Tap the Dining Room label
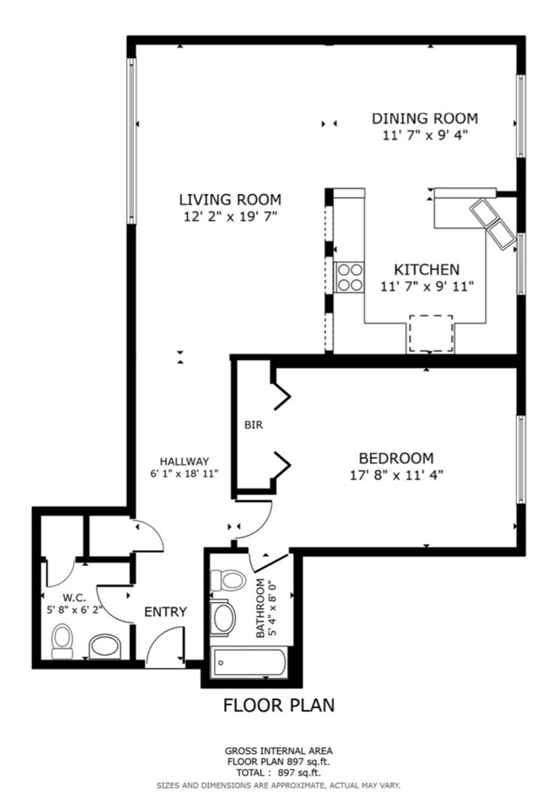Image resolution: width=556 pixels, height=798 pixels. click(425, 119)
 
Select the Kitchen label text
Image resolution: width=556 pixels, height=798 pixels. click(427, 269)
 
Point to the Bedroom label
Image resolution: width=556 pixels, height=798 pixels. click(396, 458)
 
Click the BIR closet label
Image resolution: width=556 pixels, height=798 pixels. click(253, 425)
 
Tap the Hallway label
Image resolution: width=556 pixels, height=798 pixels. click(184, 461)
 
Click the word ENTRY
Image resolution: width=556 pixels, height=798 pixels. click(165, 612)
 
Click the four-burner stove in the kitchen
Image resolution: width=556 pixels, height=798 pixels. click(350, 276)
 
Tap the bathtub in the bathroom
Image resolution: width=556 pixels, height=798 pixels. click(249, 663)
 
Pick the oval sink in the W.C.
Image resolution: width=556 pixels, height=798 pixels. click(106, 645)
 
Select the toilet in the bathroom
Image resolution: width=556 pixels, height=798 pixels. click(227, 580)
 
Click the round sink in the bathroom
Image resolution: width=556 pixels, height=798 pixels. click(225, 618)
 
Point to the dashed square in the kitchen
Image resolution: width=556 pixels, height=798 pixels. click(431, 334)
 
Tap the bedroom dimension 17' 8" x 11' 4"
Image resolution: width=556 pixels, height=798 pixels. click(396, 474)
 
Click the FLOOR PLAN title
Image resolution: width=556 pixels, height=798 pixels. click(279, 705)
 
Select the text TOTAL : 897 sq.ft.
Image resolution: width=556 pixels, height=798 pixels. click(279, 772)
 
